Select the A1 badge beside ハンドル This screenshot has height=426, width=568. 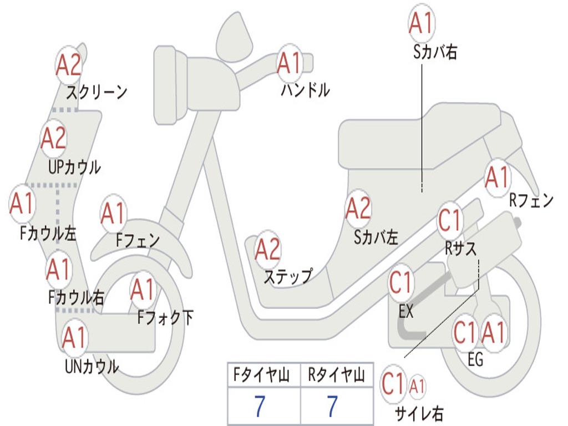point(289,64)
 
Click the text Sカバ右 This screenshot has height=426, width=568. point(435,52)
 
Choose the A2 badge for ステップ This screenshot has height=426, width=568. point(267,250)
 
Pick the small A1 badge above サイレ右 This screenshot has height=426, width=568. point(417,384)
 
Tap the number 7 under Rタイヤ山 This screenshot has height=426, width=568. point(332,407)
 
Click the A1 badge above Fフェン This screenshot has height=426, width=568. point(114,214)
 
